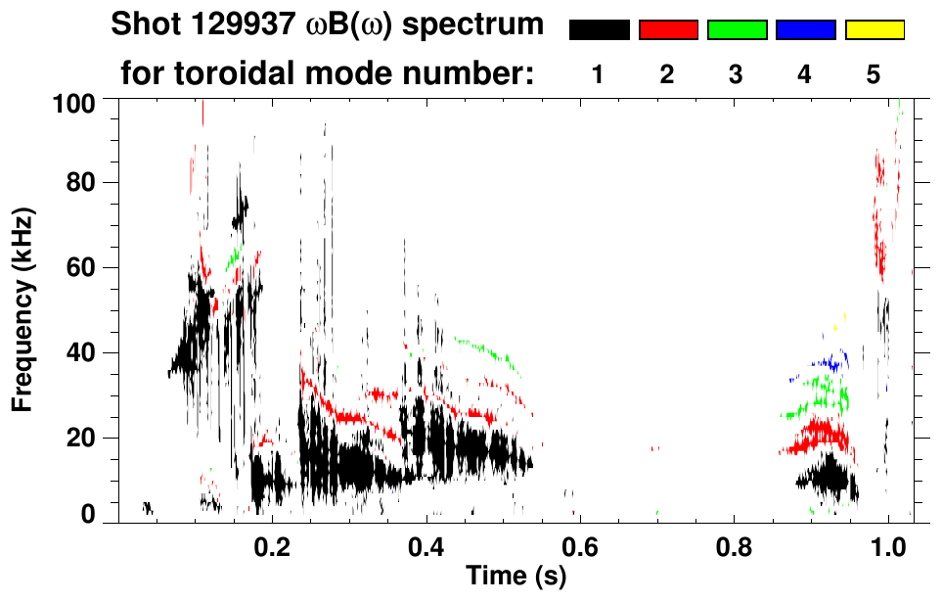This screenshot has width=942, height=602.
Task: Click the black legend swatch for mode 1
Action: point(599,30)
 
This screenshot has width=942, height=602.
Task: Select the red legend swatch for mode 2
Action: point(668,30)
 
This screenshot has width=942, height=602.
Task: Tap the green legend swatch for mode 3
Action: point(737,30)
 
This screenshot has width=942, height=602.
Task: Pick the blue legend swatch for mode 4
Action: point(805,30)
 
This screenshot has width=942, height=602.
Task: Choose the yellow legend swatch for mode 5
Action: point(875,30)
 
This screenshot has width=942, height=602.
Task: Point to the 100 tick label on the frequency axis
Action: point(76,102)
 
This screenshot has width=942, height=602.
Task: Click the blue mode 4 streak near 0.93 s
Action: point(832,363)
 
